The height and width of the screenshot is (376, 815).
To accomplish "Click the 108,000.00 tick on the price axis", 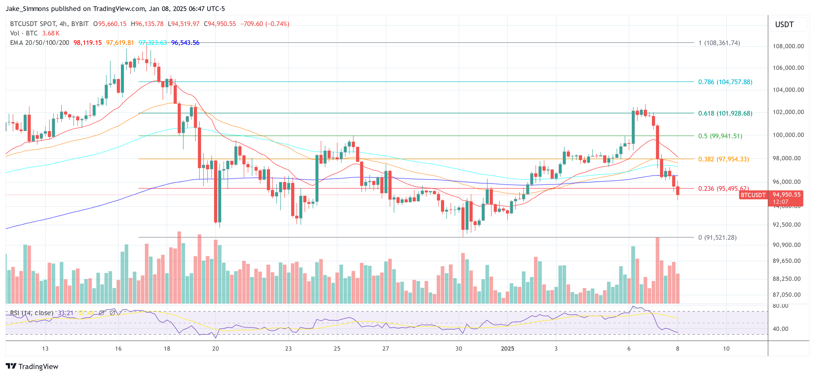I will (x=788, y=46).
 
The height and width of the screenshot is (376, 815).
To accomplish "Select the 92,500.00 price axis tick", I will (x=788, y=224).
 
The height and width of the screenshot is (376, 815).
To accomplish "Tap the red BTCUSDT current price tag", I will (x=753, y=195).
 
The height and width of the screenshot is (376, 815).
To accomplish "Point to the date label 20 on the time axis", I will (x=215, y=348).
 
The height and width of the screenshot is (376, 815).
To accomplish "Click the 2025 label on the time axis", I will (x=507, y=348).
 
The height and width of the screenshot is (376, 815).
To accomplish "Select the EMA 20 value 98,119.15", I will (x=88, y=43).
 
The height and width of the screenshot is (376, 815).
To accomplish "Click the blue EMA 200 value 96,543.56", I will (x=185, y=43).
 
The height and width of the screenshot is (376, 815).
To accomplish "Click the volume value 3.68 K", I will (x=51, y=33).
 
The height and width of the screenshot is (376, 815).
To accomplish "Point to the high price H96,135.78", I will (x=147, y=24).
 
